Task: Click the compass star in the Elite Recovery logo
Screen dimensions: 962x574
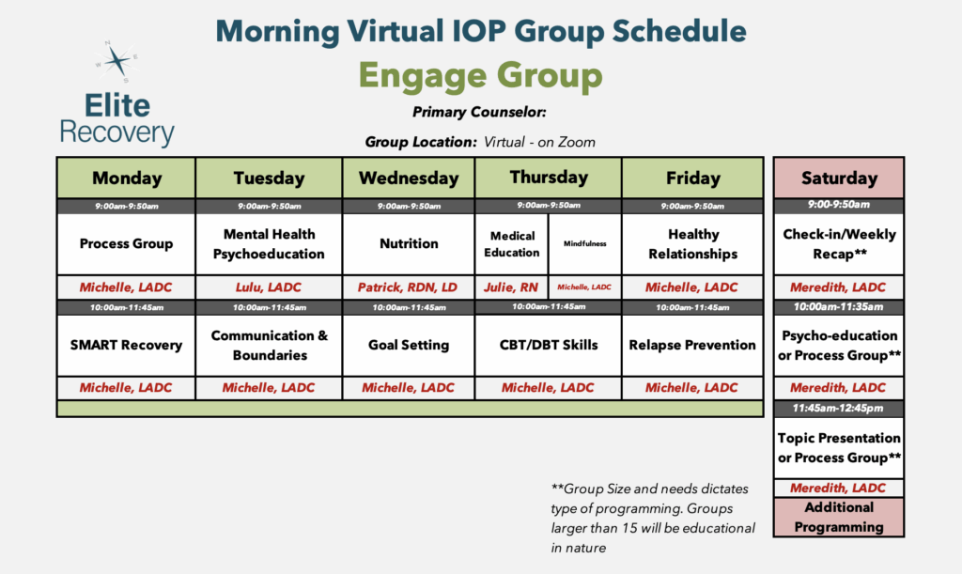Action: (x=116, y=61)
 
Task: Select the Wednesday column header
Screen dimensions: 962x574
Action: (x=409, y=178)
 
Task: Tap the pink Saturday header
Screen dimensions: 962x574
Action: (x=839, y=178)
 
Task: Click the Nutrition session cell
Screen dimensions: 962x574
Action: (x=409, y=243)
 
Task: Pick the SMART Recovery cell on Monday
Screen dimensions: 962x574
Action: (x=127, y=345)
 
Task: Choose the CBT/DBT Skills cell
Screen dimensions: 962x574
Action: (x=549, y=345)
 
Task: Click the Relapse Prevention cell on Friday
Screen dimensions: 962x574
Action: (x=692, y=345)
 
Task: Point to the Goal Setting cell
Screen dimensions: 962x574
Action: (x=409, y=345)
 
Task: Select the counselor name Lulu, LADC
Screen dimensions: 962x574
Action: (x=269, y=287)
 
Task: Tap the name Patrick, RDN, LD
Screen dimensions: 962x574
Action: (x=408, y=287)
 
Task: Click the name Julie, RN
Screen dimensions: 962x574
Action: (x=511, y=287)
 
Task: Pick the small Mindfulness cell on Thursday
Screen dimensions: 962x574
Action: (x=584, y=243)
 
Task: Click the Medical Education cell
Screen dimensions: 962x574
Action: (x=512, y=243)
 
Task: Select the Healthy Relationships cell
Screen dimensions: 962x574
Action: (x=692, y=243)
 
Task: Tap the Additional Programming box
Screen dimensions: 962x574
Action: (x=839, y=517)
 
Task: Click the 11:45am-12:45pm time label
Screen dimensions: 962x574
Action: (x=838, y=408)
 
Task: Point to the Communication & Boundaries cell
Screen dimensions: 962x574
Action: (x=269, y=345)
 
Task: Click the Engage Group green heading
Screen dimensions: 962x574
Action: (x=480, y=75)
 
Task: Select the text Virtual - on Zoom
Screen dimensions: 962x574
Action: (x=539, y=142)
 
